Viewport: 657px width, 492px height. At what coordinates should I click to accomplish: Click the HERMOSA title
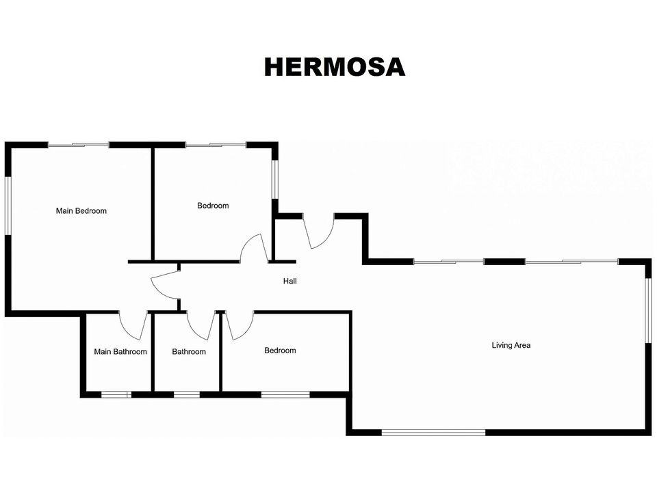tap(335, 67)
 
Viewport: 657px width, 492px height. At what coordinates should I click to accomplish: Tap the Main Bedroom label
tap(81, 211)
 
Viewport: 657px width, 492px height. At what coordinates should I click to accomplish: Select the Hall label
tap(290, 281)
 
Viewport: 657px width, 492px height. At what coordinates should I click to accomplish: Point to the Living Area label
tap(511, 345)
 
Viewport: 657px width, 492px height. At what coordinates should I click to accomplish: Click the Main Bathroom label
tap(120, 352)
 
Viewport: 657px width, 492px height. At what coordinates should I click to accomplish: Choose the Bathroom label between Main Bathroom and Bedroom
tap(189, 352)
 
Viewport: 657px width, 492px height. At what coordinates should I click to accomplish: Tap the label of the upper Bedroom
tap(213, 206)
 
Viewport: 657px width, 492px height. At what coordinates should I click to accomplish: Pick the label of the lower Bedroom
tap(280, 351)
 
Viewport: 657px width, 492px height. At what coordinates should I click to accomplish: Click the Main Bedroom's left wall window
tap(8, 206)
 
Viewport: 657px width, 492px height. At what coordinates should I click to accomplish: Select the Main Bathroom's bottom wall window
tap(116, 394)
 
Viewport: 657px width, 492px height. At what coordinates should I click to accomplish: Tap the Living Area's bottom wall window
tap(434, 433)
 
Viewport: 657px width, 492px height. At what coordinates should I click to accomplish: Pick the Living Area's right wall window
tap(648, 311)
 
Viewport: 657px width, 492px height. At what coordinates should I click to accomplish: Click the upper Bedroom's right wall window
tap(275, 180)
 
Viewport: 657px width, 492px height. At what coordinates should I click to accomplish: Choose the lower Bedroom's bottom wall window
tap(285, 394)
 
